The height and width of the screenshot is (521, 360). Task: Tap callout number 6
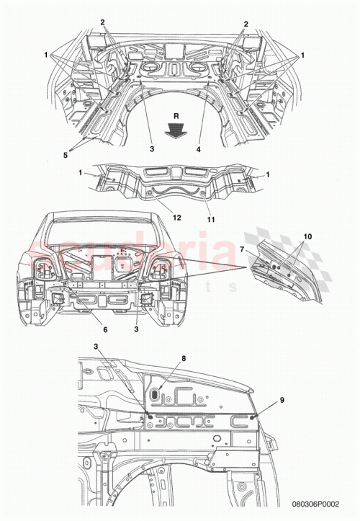[105, 329]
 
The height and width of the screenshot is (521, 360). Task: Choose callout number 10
[309, 236]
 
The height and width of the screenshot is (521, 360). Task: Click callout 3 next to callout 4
[152, 149]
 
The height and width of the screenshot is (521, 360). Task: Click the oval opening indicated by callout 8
[155, 396]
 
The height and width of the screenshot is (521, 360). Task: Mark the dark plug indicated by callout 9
[252, 417]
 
